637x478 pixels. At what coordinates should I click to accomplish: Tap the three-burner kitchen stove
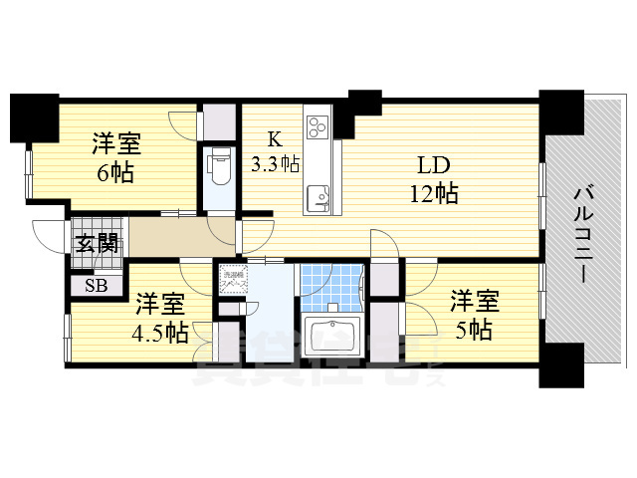[318, 126]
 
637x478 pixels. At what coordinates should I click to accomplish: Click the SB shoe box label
[97, 287]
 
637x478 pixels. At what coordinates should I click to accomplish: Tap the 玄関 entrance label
[97, 240]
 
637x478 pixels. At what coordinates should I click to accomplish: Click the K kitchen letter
[271, 139]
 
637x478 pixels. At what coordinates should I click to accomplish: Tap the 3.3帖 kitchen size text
[276, 163]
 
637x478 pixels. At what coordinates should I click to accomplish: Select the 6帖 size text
[116, 170]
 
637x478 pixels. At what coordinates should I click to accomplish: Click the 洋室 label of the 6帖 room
[117, 141]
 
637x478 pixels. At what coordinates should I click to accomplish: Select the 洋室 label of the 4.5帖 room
[160, 301]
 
